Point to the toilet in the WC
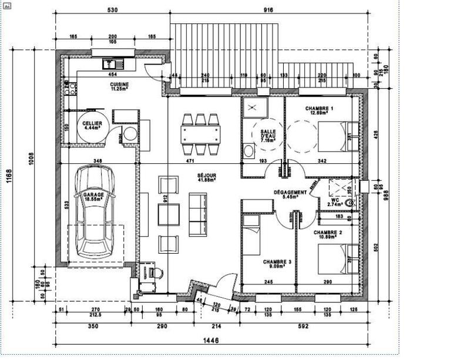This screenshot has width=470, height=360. click(351, 202)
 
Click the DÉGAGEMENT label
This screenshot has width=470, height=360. click(290, 194)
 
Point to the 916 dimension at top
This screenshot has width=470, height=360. click(269, 11)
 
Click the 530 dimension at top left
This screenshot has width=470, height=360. click(112, 11)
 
